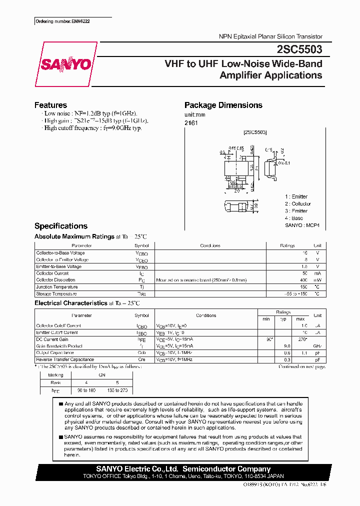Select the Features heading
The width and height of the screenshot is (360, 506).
50,105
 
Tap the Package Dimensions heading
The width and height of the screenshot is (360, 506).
223,105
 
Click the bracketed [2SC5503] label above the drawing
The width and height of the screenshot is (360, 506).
255,132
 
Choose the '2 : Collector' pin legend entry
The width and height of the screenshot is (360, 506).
298,204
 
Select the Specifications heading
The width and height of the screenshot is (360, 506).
60,226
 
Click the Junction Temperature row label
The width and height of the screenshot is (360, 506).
57,287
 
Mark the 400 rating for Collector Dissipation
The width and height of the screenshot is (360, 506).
303,280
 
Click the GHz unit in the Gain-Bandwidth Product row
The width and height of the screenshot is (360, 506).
317,346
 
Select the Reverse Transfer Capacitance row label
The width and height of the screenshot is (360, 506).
65,359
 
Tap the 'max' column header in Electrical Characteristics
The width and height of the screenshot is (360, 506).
300,319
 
